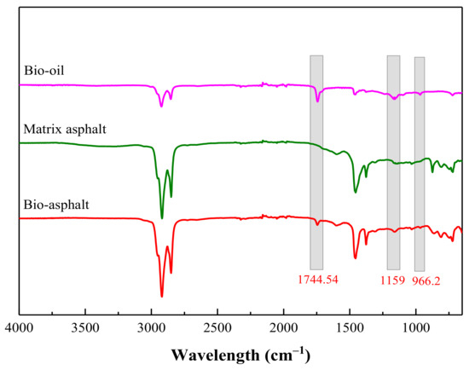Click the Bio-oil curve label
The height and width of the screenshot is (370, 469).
42,73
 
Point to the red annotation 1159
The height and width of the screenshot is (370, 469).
393,279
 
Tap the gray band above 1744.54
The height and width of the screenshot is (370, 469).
316,162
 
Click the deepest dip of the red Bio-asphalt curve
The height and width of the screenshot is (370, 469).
161,297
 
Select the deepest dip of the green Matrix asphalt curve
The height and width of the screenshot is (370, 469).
162,219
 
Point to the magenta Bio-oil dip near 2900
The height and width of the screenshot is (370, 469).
161,106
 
